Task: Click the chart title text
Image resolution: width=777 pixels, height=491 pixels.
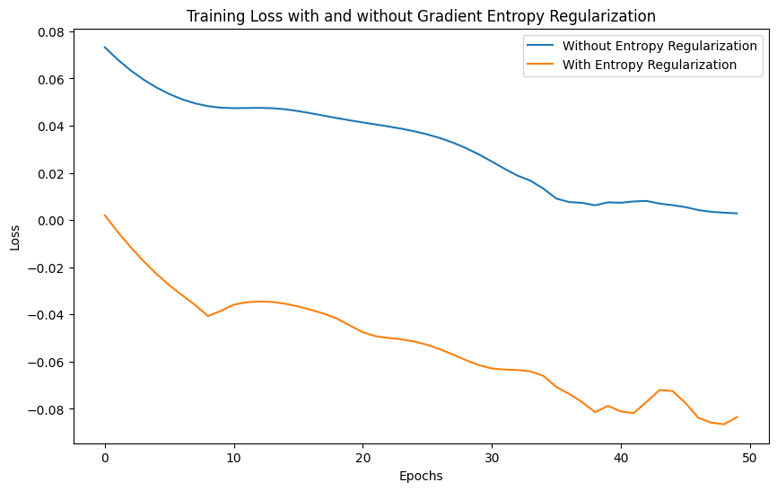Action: tap(421, 16)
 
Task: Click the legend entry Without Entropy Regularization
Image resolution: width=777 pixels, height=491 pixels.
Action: tap(659, 46)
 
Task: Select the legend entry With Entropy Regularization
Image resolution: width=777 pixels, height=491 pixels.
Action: tap(649, 65)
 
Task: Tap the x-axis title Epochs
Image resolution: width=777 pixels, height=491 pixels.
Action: tap(421, 476)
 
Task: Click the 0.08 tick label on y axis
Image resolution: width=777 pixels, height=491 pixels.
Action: tap(50, 32)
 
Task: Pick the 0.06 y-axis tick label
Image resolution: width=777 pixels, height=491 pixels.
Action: tap(50, 79)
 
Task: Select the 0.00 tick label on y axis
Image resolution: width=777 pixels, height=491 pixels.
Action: tap(50, 221)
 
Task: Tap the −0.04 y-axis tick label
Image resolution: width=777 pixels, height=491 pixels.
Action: tap(46, 315)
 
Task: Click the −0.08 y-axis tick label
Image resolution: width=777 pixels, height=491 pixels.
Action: tap(46, 409)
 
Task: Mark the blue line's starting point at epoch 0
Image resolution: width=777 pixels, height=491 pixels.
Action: tap(105, 48)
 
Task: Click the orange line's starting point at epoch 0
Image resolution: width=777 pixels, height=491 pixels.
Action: tap(105, 215)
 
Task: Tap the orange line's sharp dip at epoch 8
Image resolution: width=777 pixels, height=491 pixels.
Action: tap(208, 316)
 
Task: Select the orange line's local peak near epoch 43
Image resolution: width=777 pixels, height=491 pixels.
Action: tap(659, 390)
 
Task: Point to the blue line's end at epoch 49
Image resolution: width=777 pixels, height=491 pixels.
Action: tap(737, 214)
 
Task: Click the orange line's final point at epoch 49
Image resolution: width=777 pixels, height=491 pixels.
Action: tap(737, 416)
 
